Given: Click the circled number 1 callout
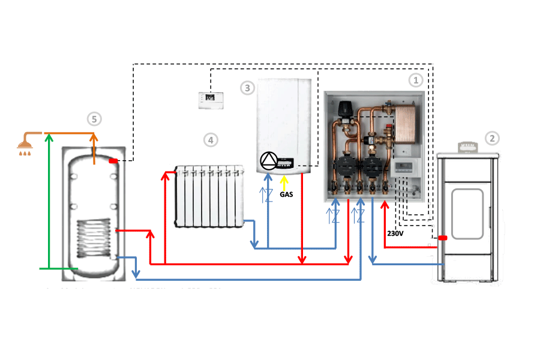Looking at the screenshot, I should pyautogui.click(x=415, y=79).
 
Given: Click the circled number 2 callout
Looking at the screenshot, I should pyautogui.click(x=492, y=138).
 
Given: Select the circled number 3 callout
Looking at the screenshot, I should pyautogui.click(x=247, y=88).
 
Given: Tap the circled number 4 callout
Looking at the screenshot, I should pyautogui.click(x=209, y=140).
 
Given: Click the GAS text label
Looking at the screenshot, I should pyautogui.click(x=286, y=194).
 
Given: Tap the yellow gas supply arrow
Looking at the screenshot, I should pyautogui.click(x=284, y=182).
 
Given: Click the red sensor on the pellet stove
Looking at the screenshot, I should pyautogui.click(x=442, y=238).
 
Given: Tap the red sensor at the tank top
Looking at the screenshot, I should pyautogui.click(x=113, y=160).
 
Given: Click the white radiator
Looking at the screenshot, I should pyautogui.click(x=208, y=197).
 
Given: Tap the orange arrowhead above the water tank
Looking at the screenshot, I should pyautogui.click(x=94, y=137).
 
